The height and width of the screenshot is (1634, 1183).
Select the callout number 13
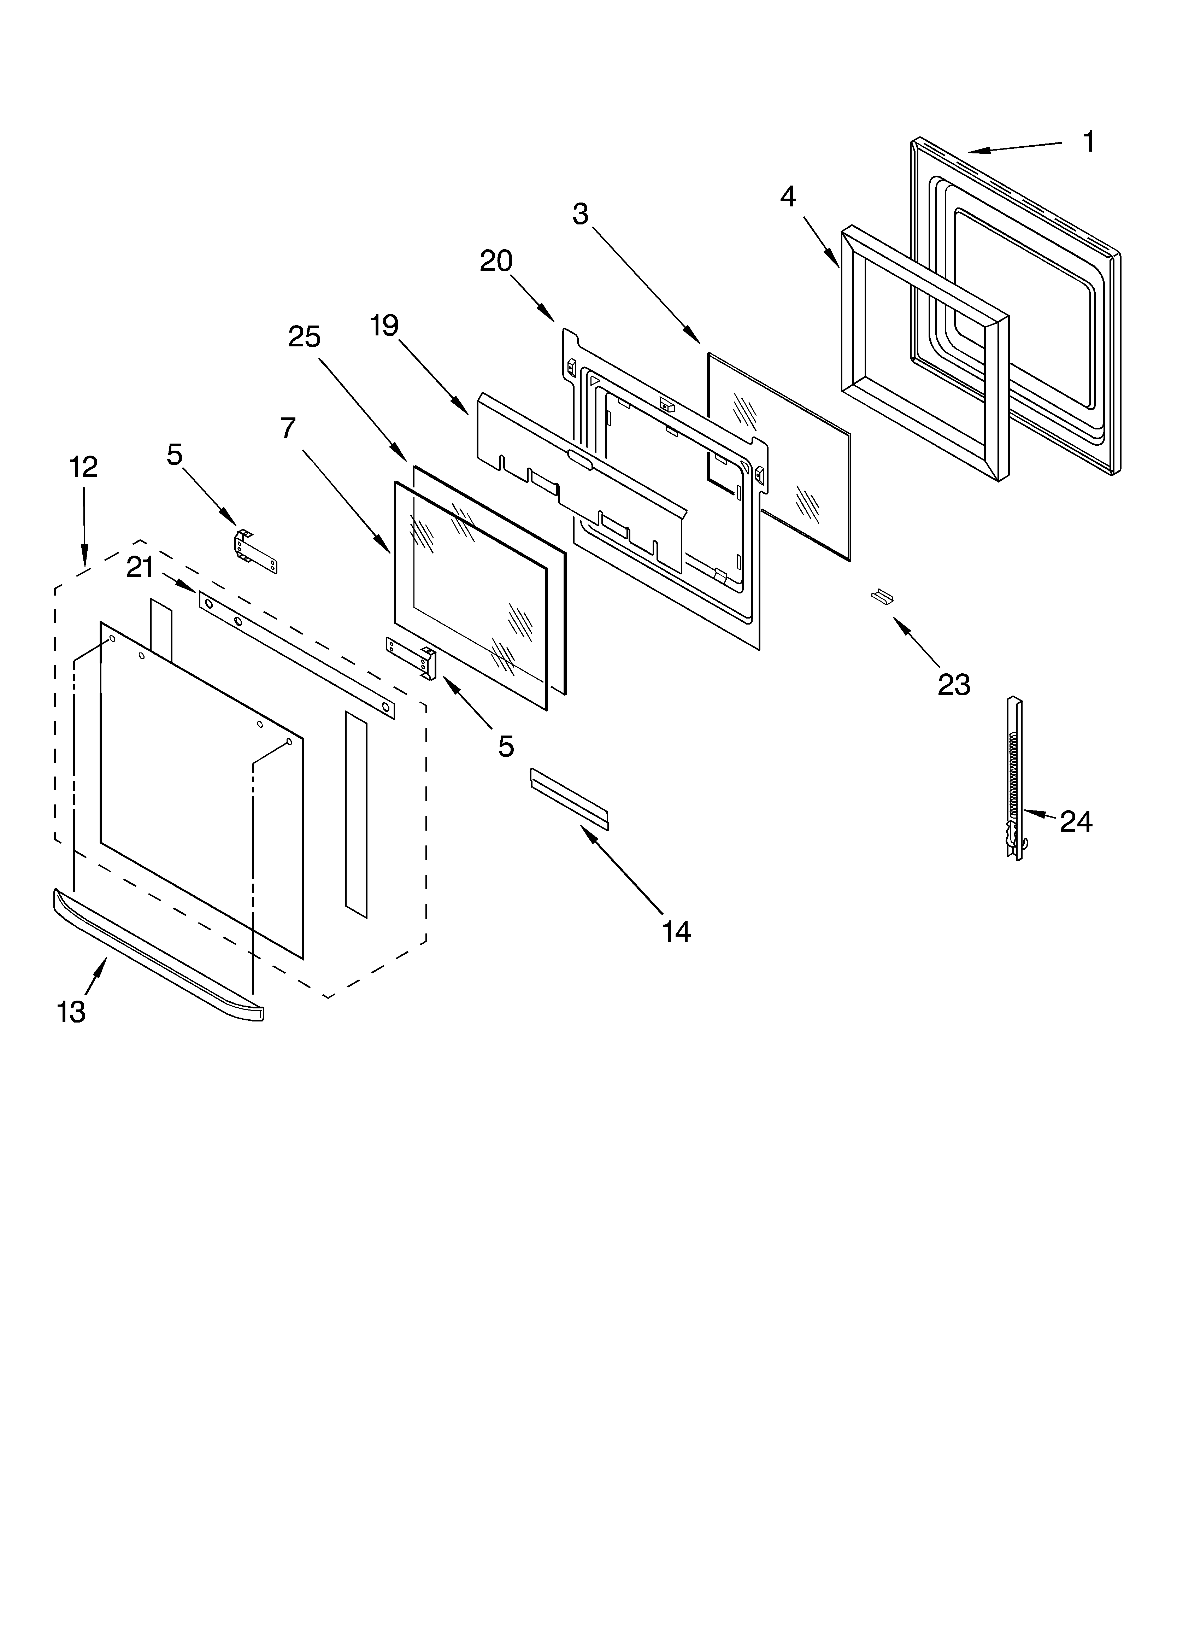(71, 1012)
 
